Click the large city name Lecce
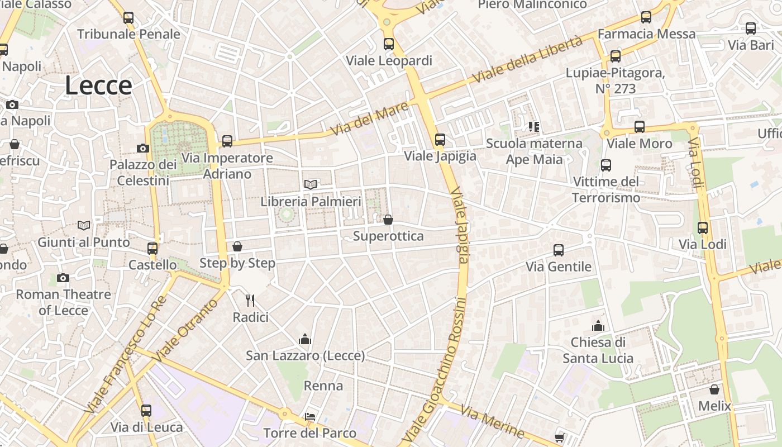98,85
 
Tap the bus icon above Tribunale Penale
128,18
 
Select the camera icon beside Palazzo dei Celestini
143,148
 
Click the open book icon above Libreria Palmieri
311,184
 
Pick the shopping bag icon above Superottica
388,220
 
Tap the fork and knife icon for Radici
250,301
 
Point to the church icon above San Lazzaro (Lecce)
305,339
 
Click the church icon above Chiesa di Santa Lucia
598,326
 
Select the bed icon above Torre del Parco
309,417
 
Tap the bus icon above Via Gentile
558,250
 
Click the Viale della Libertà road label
528,59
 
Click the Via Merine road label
492,421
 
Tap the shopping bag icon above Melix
714,389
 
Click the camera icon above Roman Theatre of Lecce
63,278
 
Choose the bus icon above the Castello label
152,248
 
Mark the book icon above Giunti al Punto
84,225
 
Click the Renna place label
323,386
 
